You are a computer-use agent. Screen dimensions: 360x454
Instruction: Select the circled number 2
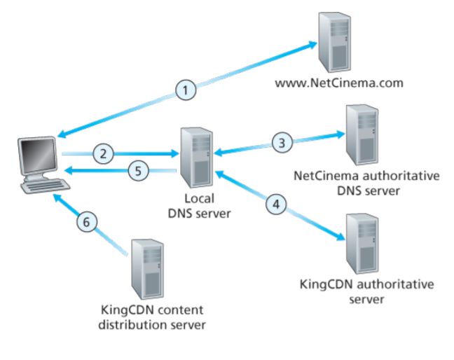point(103,153)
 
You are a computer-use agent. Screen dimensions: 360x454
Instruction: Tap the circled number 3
point(282,143)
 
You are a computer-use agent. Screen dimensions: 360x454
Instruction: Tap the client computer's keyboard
point(45,188)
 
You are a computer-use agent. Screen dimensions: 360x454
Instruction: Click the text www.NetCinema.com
point(339,83)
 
